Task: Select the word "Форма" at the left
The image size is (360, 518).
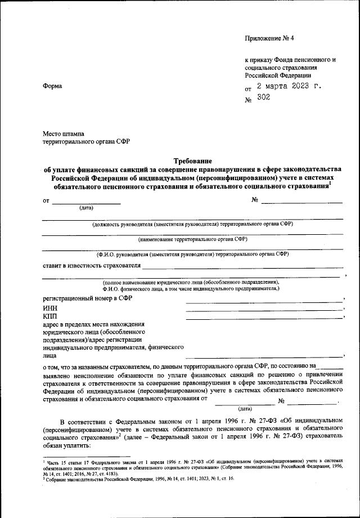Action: (x=53, y=86)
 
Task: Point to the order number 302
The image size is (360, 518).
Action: (x=263, y=97)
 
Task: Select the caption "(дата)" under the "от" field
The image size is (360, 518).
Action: (x=87, y=208)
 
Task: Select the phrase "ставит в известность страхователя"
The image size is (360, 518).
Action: (x=91, y=265)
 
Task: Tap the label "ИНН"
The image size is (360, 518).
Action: (x=49, y=308)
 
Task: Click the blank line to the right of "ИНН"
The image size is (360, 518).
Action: (x=264, y=309)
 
